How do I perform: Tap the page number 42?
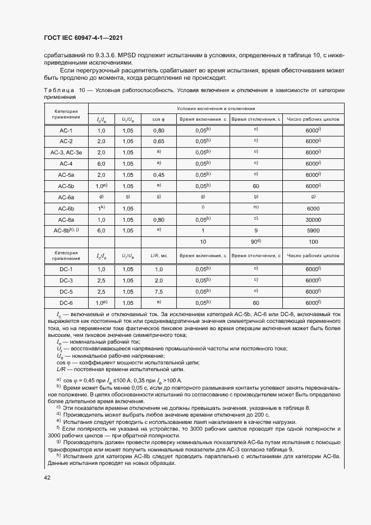click(x=47, y=477)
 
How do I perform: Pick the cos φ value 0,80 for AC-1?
click(x=158, y=130)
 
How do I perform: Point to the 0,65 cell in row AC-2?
click(x=158, y=141)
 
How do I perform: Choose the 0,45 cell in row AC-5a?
click(x=158, y=175)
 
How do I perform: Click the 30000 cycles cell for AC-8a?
click(x=313, y=219)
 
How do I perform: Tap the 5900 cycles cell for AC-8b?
click(x=313, y=230)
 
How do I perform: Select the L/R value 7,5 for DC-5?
click(x=158, y=291)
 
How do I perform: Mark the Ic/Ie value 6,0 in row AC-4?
click(x=101, y=163)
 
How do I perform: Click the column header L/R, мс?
click(x=158, y=255)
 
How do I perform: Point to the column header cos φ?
click(x=158, y=119)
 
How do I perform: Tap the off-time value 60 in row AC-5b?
click(x=255, y=186)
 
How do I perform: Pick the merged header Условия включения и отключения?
click(x=216, y=108)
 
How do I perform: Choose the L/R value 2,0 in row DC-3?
click(x=158, y=280)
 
